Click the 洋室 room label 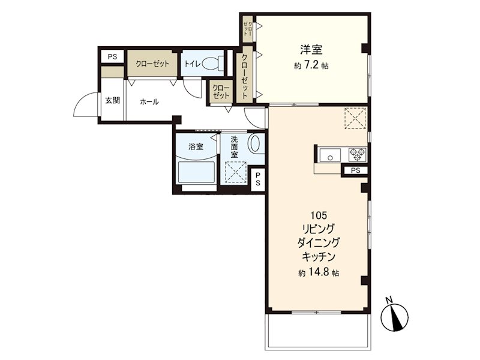311,49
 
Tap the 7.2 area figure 311,65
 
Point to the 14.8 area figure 319,272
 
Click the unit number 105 319,215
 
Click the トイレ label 192,64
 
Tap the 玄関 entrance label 112,100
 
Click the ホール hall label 149,101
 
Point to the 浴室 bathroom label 196,146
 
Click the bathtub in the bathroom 196,172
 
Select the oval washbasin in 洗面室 254,143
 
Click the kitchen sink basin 331,155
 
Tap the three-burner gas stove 358,154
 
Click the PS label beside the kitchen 355,170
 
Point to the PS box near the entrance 112,56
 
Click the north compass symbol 395,317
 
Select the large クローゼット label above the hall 152,64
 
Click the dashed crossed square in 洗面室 236,172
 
